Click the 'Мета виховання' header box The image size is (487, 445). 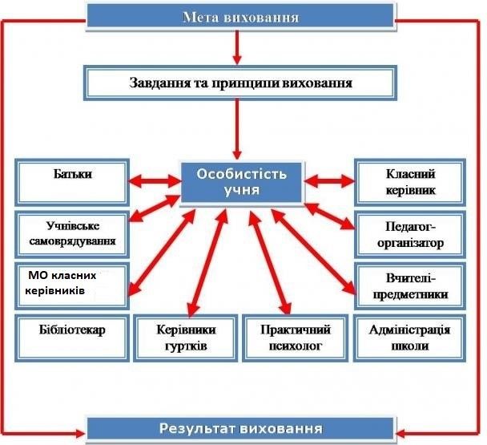click(240, 16)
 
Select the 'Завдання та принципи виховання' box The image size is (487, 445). click(240, 83)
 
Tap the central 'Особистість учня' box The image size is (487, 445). click(241, 182)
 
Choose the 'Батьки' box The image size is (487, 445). click(72, 183)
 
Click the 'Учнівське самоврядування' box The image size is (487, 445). click(72, 234)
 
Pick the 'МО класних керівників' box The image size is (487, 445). click(72, 286)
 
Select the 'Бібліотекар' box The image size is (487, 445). click(72, 338)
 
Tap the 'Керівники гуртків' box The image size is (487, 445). click(185, 338)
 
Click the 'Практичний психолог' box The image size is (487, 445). click(295, 338)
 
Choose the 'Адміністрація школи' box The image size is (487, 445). click(409, 338)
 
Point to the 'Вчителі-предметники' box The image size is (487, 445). click(410, 286)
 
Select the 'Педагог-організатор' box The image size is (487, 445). click(410, 234)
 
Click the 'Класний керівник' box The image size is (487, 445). click(410, 183)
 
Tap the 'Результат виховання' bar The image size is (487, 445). click(240, 428)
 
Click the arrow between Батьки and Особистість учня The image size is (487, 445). click(155, 180)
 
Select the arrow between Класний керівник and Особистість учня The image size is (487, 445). click(329, 180)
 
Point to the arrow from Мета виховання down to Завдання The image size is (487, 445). click(237, 47)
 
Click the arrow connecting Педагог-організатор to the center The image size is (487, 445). click(330, 216)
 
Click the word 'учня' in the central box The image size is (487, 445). click(241, 190)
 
